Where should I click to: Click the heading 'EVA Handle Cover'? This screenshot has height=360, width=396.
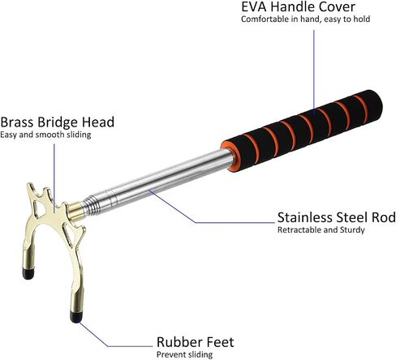click(x=298, y=7)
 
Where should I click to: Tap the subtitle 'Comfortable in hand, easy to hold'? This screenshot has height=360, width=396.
click(x=306, y=19)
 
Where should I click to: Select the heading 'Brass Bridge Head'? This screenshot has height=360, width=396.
click(x=57, y=122)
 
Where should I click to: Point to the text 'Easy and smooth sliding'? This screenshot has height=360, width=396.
click(x=45, y=135)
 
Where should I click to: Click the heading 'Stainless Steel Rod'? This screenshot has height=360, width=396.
click(x=337, y=217)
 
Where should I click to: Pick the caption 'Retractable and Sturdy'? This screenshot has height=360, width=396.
click(x=321, y=230)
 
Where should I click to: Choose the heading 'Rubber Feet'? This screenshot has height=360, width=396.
click(x=195, y=342)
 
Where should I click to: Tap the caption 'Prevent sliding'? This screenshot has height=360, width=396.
click(x=184, y=354)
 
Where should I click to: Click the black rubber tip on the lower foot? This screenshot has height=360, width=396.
click(x=76, y=317)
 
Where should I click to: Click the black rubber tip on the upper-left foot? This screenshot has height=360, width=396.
click(x=28, y=273)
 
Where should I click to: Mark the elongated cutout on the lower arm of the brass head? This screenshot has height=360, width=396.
click(x=68, y=234)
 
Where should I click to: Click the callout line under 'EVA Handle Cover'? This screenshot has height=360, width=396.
click(x=314, y=71)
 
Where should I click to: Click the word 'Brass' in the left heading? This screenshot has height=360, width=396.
click(x=17, y=122)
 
